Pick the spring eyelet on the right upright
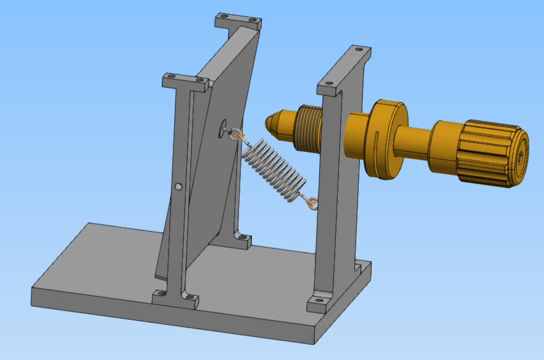[312, 203]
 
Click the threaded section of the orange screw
[306, 128]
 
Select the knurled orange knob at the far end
[491, 154]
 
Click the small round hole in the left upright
[178, 186]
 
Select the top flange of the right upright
[346, 71]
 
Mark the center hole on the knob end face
[522, 157]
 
